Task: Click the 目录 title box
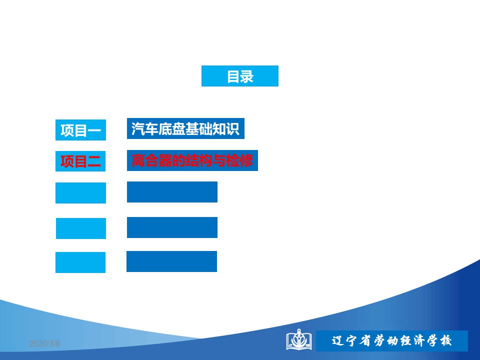[x=239, y=76]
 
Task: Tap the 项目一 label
[x=80, y=130]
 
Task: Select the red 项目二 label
[x=80, y=161]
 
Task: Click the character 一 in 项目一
[x=94, y=130]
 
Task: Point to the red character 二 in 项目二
[x=94, y=161]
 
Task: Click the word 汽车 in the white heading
[x=145, y=128]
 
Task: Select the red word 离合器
[x=152, y=160]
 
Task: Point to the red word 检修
[x=239, y=160]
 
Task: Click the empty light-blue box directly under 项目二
[x=80, y=193]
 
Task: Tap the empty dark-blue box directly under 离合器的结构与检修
[x=172, y=192]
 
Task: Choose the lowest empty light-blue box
[x=80, y=262]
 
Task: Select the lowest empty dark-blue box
[x=171, y=261]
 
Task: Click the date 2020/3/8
[x=44, y=344]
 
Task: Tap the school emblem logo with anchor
[x=299, y=339]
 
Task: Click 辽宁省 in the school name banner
[x=351, y=340]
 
